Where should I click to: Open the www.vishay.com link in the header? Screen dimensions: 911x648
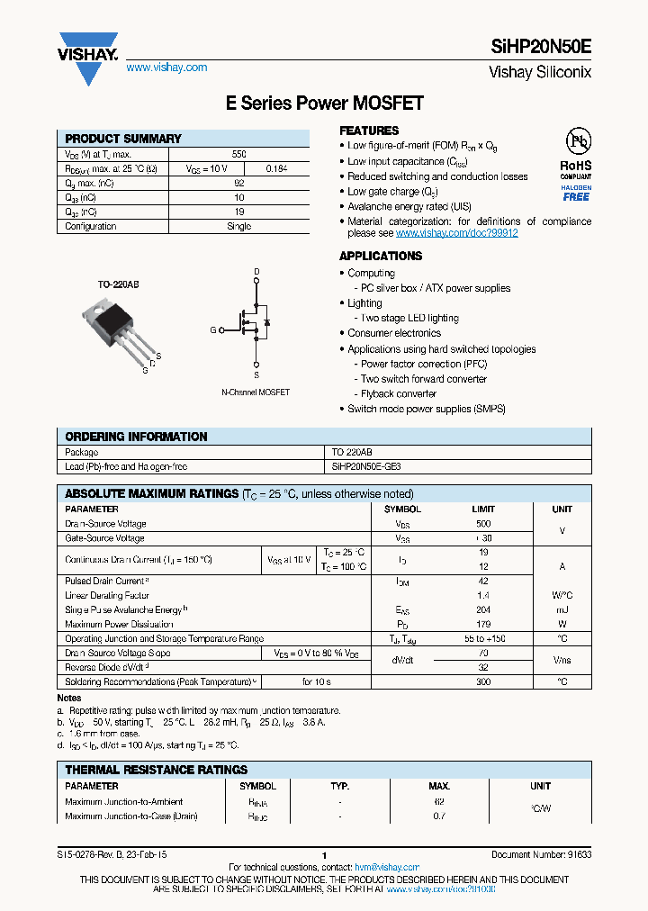(x=166, y=68)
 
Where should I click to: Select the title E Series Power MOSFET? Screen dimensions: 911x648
(x=324, y=104)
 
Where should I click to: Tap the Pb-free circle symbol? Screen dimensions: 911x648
(x=577, y=142)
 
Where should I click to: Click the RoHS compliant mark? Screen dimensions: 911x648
(x=576, y=171)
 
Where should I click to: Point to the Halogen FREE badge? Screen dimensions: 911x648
(x=576, y=192)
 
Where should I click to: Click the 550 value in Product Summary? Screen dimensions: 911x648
(x=238, y=155)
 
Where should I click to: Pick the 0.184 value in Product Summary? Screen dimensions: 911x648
(x=276, y=168)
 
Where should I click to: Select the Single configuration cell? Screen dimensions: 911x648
(x=238, y=227)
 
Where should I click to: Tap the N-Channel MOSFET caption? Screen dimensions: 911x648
(x=256, y=392)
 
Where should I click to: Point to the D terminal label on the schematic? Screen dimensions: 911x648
(x=256, y=271)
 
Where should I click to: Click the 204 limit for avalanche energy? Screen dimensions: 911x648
(x=483, y=610)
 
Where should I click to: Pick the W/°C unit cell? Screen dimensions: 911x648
(x=562, y=596)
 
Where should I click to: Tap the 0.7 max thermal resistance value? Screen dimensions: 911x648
(x=439, y=816)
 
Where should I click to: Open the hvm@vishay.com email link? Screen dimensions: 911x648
(x=388, y=867)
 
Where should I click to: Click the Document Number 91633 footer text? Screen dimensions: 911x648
(x=541, y=854)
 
